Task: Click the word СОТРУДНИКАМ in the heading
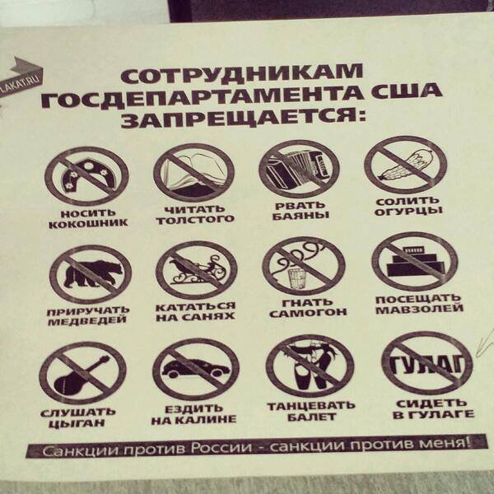click(x=241, y=74)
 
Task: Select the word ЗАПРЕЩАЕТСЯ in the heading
click(x=243, y=117)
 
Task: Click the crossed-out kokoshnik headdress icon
click(x=86, y=176)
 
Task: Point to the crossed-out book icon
click(x=193, y=172)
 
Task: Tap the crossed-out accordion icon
click(x=299, y=169)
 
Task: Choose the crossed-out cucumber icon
click(x=405, y=165)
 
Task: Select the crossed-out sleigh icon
click(x=196, y=270)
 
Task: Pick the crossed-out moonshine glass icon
click(x=303, y=266)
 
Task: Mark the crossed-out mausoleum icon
click(x=415, y=262)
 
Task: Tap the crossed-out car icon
click(x=196, y=369)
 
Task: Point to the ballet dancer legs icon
click(x=310, y=366)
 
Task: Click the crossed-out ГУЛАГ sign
click(x=426, y=363)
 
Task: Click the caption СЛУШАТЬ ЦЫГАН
click(x=78, y=417)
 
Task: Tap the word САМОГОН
click(x=308, y=313)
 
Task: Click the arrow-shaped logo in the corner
click(x=21, y=77)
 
